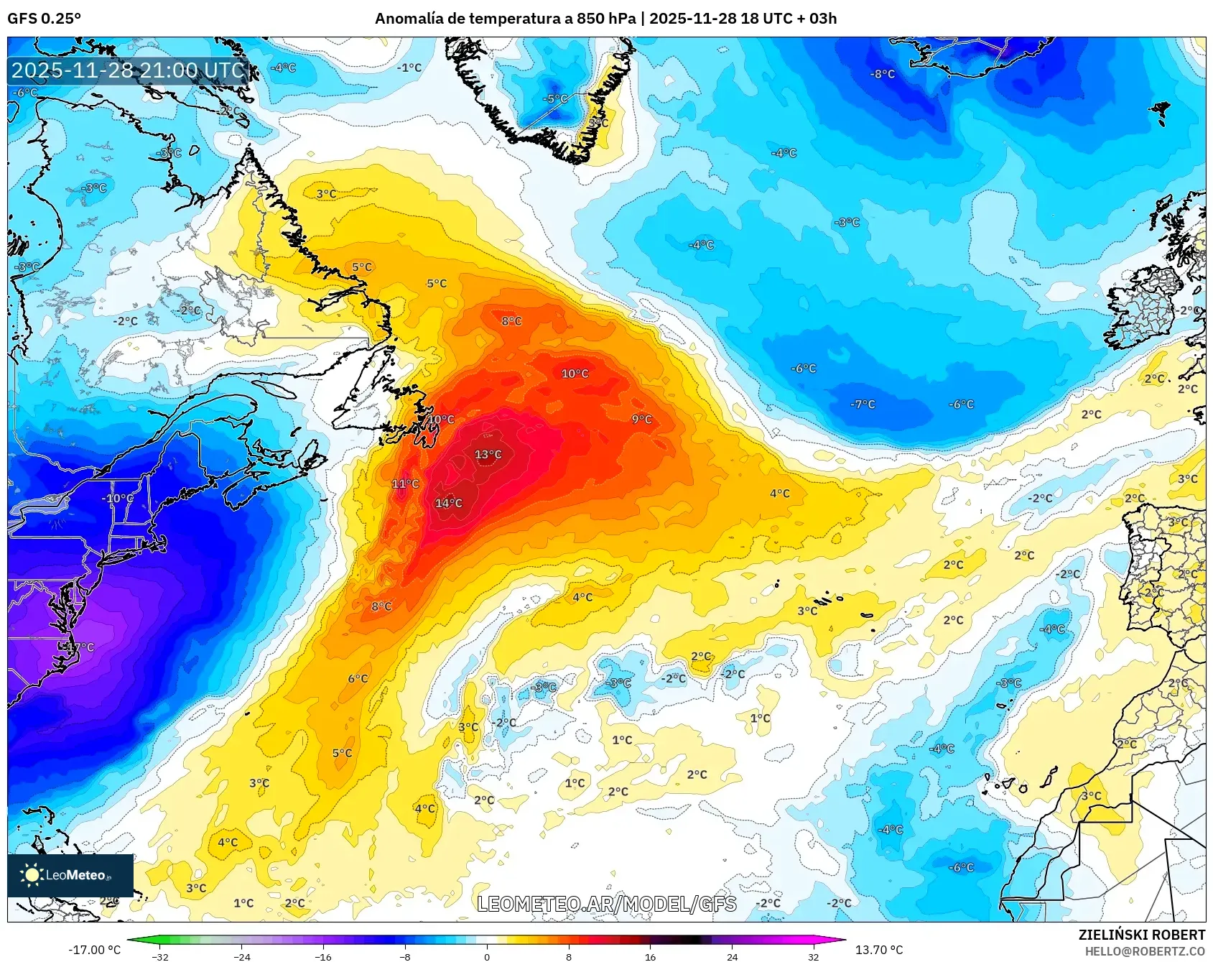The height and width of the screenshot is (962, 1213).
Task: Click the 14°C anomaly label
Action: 449,503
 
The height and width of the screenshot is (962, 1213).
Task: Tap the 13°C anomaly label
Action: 488,454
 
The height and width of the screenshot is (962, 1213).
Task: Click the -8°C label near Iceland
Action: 883,74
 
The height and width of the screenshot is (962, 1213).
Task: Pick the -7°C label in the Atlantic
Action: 863,404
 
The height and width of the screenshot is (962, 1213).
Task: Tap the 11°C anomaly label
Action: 405,484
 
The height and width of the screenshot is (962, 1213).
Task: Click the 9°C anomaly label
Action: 642,419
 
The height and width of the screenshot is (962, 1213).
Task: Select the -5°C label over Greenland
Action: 555,99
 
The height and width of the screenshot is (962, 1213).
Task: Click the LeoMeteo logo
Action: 70,875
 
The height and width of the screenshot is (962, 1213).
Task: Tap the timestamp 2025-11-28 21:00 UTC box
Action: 129,70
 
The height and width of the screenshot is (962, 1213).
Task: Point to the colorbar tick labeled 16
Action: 650,956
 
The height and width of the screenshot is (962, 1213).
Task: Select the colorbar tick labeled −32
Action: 160,956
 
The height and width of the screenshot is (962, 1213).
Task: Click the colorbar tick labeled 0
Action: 487,956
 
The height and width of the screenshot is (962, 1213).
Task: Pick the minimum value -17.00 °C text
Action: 95,950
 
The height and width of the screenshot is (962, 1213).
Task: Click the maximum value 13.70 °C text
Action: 878,950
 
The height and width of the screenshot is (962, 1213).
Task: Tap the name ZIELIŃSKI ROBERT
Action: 1141,935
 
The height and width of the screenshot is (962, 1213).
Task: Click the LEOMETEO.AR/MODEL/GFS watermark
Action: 607,904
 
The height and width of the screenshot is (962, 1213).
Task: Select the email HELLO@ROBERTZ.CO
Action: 1145,951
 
